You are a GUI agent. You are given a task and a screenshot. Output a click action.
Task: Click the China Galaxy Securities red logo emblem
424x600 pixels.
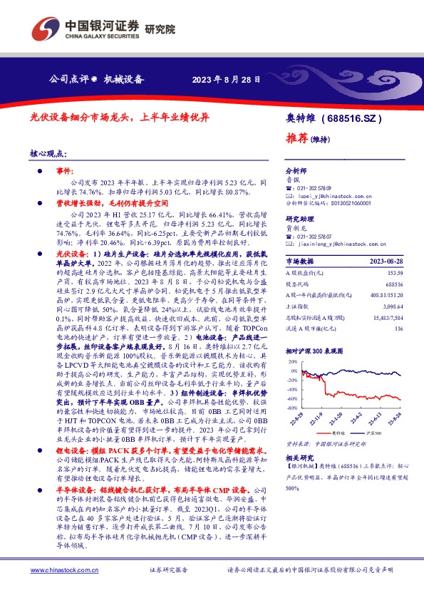click(46, 29)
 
